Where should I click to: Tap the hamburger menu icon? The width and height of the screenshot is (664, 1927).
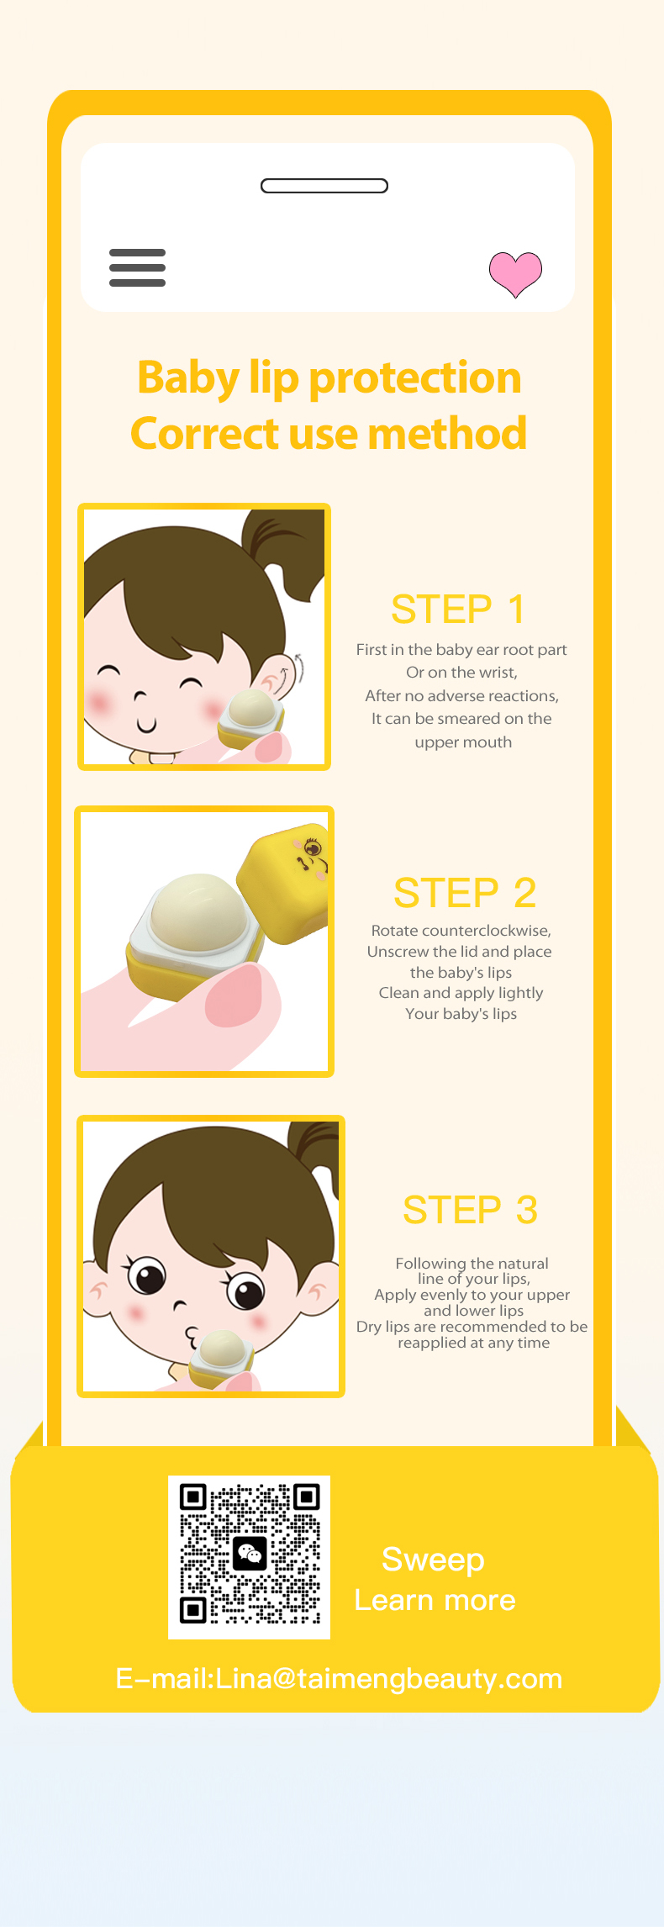tap(137, 267)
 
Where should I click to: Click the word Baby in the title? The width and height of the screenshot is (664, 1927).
tap(188, 378)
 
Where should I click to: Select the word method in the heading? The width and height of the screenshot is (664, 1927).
tap(447, 434)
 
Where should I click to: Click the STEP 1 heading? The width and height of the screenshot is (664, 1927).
tap(458, 609)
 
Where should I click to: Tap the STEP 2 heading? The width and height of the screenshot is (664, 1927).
tap(465, 892)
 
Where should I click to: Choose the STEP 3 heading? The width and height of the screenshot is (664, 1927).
tap(470, 1209)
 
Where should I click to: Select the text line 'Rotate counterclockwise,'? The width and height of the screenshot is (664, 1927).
tap(461, 931)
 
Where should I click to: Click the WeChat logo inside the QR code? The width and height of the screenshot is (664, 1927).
tap(250, 1554)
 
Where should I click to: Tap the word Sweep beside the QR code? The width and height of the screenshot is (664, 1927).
tap(433, 1560)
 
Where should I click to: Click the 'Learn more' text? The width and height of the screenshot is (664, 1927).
tap(435, 1600)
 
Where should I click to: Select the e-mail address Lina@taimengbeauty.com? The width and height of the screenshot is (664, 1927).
tap(388, 1678)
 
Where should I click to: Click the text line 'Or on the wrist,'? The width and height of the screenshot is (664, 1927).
tap(461, 673)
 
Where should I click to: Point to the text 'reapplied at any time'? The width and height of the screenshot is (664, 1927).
tap(473, 1343)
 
